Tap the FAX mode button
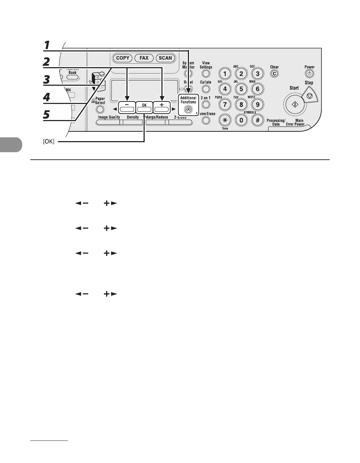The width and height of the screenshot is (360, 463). [x=144, y=58]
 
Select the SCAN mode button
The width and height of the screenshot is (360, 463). [x=165, y=58]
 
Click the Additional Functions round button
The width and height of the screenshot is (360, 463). [x=189, y=110]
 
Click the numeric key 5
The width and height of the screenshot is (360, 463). [x=241, y=89]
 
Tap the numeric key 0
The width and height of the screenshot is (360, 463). [x=241, y=120]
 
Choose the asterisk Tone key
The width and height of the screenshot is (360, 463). [x=225, y=120]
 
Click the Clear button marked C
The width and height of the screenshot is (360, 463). [x=274, y=74]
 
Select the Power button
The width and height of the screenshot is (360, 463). [x=309, y=74]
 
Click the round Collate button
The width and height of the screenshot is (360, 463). [x=206, y=89]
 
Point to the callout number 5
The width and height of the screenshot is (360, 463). [x=47, y=114]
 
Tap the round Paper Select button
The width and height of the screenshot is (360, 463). [x=100, y=110]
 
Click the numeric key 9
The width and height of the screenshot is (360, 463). [x=257, y=105]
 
